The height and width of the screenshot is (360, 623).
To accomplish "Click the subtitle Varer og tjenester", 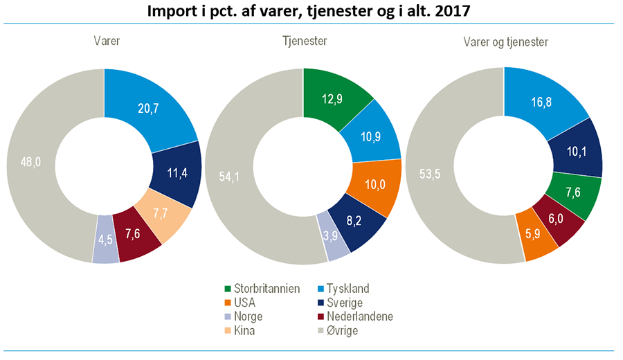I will click(505, 42).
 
